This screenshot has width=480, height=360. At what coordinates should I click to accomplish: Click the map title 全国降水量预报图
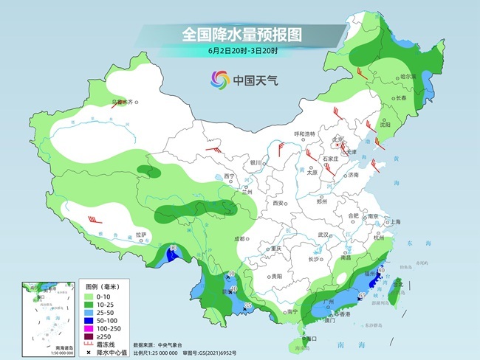[239, 34]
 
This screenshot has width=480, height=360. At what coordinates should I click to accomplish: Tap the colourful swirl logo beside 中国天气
[220, 78]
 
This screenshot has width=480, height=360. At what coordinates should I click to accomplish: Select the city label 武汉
[322, 235]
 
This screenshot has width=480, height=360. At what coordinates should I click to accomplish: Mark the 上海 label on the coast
[395, 221]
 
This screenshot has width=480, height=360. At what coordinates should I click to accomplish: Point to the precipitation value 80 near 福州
[380, 271]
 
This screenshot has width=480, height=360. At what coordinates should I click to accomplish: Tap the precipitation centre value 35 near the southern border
[248, 305]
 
